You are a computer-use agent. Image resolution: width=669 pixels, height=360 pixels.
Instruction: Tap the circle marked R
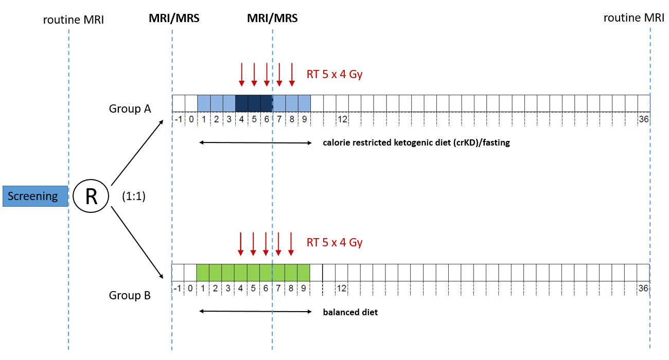[91, 196]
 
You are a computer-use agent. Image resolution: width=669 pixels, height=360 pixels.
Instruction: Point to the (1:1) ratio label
[134, 196]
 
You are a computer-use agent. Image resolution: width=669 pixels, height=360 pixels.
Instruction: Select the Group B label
[130, 296]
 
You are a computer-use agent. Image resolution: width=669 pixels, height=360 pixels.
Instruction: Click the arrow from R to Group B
[137, 242]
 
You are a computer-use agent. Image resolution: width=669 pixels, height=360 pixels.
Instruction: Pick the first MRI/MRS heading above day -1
[173, 19]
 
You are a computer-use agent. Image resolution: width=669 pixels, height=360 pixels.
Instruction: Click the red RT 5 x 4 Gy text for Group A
[334, 74]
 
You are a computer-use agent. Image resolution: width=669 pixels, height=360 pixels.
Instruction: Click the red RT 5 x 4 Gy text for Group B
[334, 242]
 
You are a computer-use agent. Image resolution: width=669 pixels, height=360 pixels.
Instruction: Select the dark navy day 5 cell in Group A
[254, 103]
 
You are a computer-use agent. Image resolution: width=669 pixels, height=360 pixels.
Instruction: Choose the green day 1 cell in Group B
[203, 272]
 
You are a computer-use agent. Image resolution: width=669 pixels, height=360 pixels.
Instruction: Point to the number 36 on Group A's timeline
[643, 119]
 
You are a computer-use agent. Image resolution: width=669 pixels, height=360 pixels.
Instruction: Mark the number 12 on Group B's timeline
[342, 288]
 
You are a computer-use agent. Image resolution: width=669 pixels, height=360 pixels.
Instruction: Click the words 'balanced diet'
[350, 312]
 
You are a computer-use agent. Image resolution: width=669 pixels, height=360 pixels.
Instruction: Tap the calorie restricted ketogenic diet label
[416, 143]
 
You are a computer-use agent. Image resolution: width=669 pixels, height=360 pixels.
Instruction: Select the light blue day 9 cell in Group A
[304, 103]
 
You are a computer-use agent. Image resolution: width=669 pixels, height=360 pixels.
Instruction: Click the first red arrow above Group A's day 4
[241, 75]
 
